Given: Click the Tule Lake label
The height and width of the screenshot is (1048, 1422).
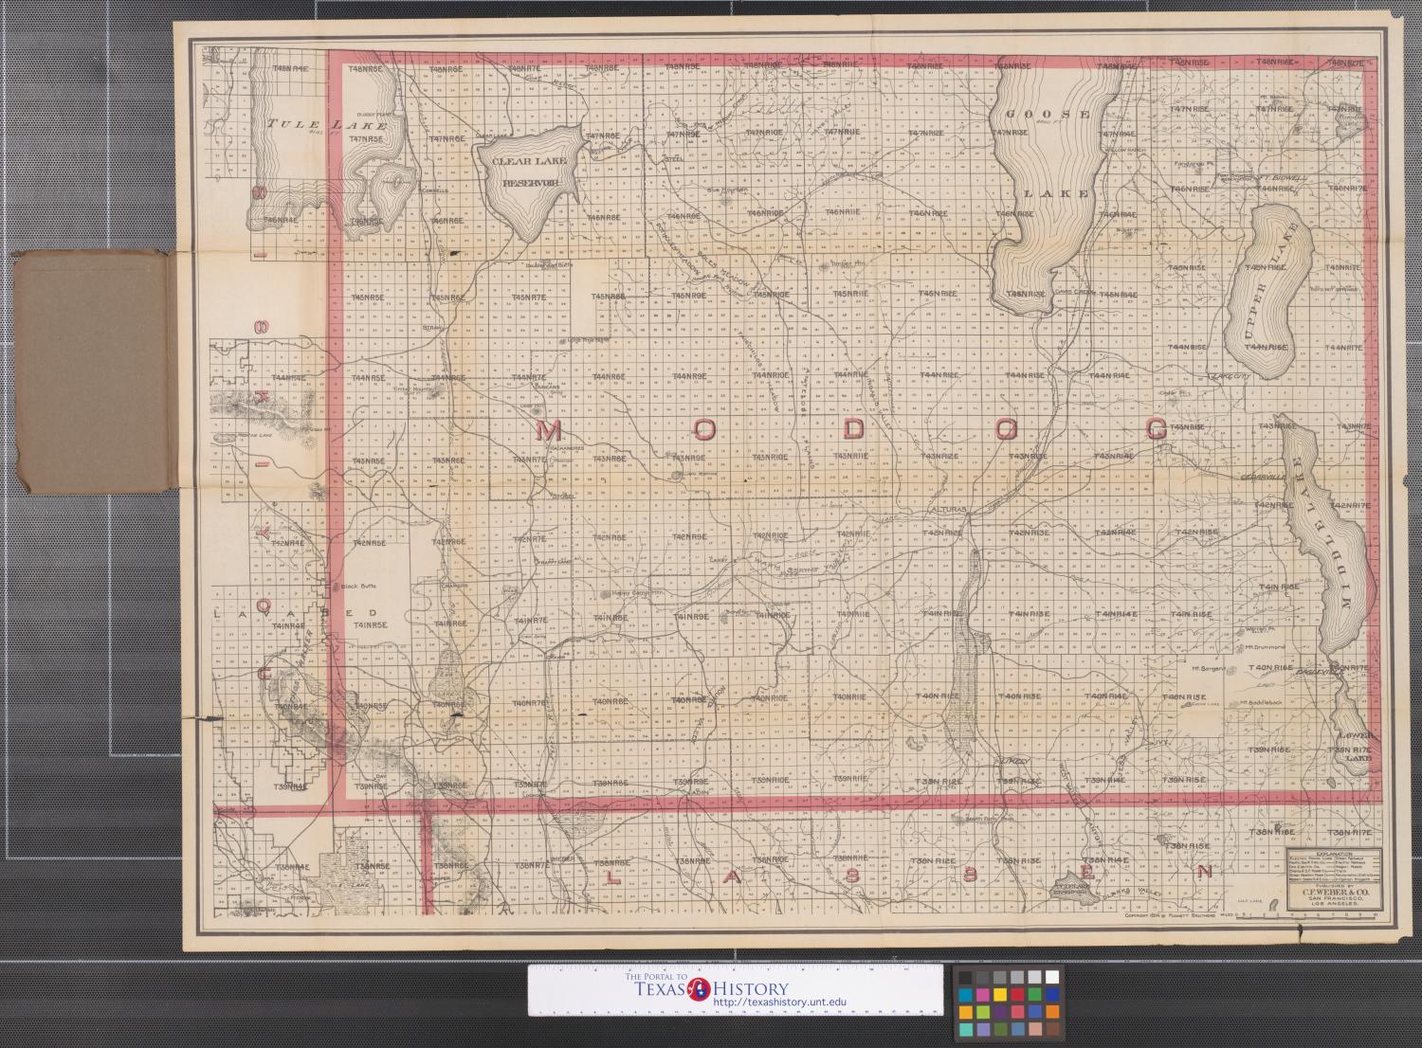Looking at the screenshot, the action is pyautogui.click(x=326, y=124).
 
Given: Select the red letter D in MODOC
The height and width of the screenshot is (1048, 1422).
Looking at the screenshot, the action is pyautogui.click(x=853, y=429).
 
